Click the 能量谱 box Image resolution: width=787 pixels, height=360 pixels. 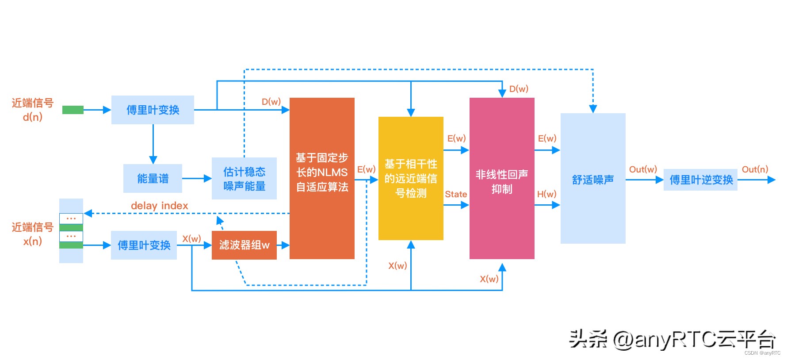point(153,178)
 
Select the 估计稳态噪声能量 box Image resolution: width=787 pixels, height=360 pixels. point(244,178)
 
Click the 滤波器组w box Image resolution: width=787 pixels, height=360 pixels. point(244,245)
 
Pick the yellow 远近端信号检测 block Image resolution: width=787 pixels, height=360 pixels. point(411,178)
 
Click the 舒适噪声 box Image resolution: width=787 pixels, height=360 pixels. point(593,179)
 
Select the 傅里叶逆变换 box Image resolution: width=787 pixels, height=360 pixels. point(700,180)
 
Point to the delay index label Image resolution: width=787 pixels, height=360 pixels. point(159,206)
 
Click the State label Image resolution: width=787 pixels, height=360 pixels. point(456,194)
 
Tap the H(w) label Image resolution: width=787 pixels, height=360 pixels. point(546,194)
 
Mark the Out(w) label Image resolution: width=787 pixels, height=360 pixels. point(643,169)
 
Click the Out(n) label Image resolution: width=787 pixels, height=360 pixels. point(755,169)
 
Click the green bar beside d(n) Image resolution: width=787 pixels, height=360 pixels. point(73,110)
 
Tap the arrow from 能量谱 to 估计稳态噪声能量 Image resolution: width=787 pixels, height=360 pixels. point(197,179)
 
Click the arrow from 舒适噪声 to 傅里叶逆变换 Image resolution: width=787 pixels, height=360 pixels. point(644,180)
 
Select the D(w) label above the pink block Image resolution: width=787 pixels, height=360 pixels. point(519,89)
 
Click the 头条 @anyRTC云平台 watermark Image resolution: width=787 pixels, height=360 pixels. point(672,339)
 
